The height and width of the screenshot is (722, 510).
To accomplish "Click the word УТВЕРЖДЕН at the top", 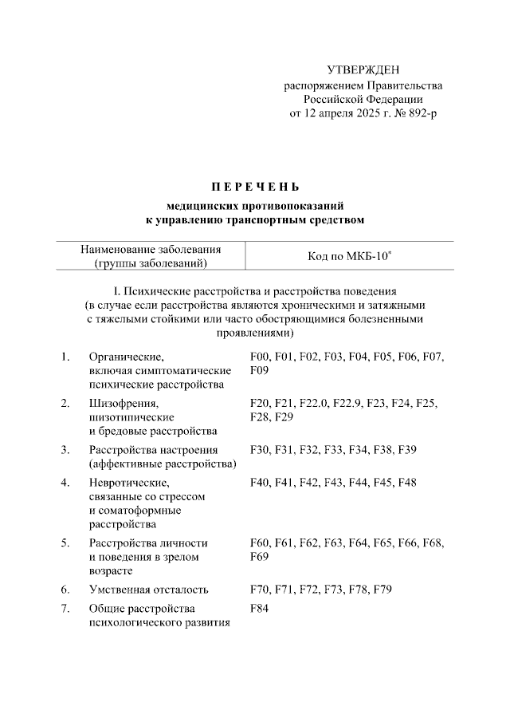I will (x=363, y=71).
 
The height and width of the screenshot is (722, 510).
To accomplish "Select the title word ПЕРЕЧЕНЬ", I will (x=255, y=188).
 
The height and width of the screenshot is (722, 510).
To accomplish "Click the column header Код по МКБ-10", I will (x=349, y=256).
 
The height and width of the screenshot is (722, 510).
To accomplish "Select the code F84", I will (x=260, y=610).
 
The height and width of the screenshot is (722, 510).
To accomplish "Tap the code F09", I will (x=260, y=371).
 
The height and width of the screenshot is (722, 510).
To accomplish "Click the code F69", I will (x=260, y=556).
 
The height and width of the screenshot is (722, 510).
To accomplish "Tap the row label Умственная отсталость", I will (x=149, y=590).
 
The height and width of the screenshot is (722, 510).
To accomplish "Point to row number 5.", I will (x=65, y=543).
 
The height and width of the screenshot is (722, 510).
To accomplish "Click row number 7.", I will (x=65, y=610).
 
